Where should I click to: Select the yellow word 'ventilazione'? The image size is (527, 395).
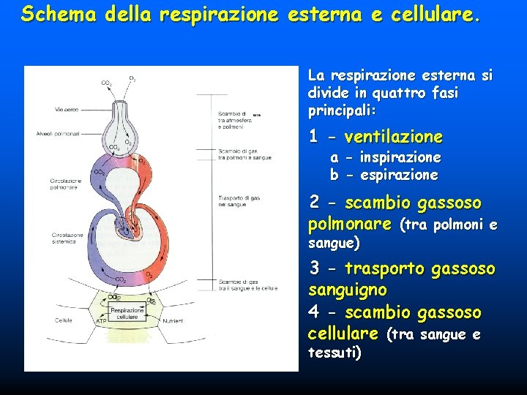(393, 137)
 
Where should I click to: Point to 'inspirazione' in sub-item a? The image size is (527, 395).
(400, 158)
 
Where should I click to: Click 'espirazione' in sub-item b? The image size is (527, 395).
(399, 176)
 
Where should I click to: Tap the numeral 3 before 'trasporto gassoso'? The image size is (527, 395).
(314, 268)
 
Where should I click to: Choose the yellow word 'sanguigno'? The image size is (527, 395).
(348, 290)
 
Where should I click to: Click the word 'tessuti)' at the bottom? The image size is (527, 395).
(335, 353)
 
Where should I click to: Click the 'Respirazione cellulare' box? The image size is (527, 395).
(127, 313)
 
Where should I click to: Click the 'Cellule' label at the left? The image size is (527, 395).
(64, 320)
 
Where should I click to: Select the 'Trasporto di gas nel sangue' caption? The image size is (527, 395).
(235, 202)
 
